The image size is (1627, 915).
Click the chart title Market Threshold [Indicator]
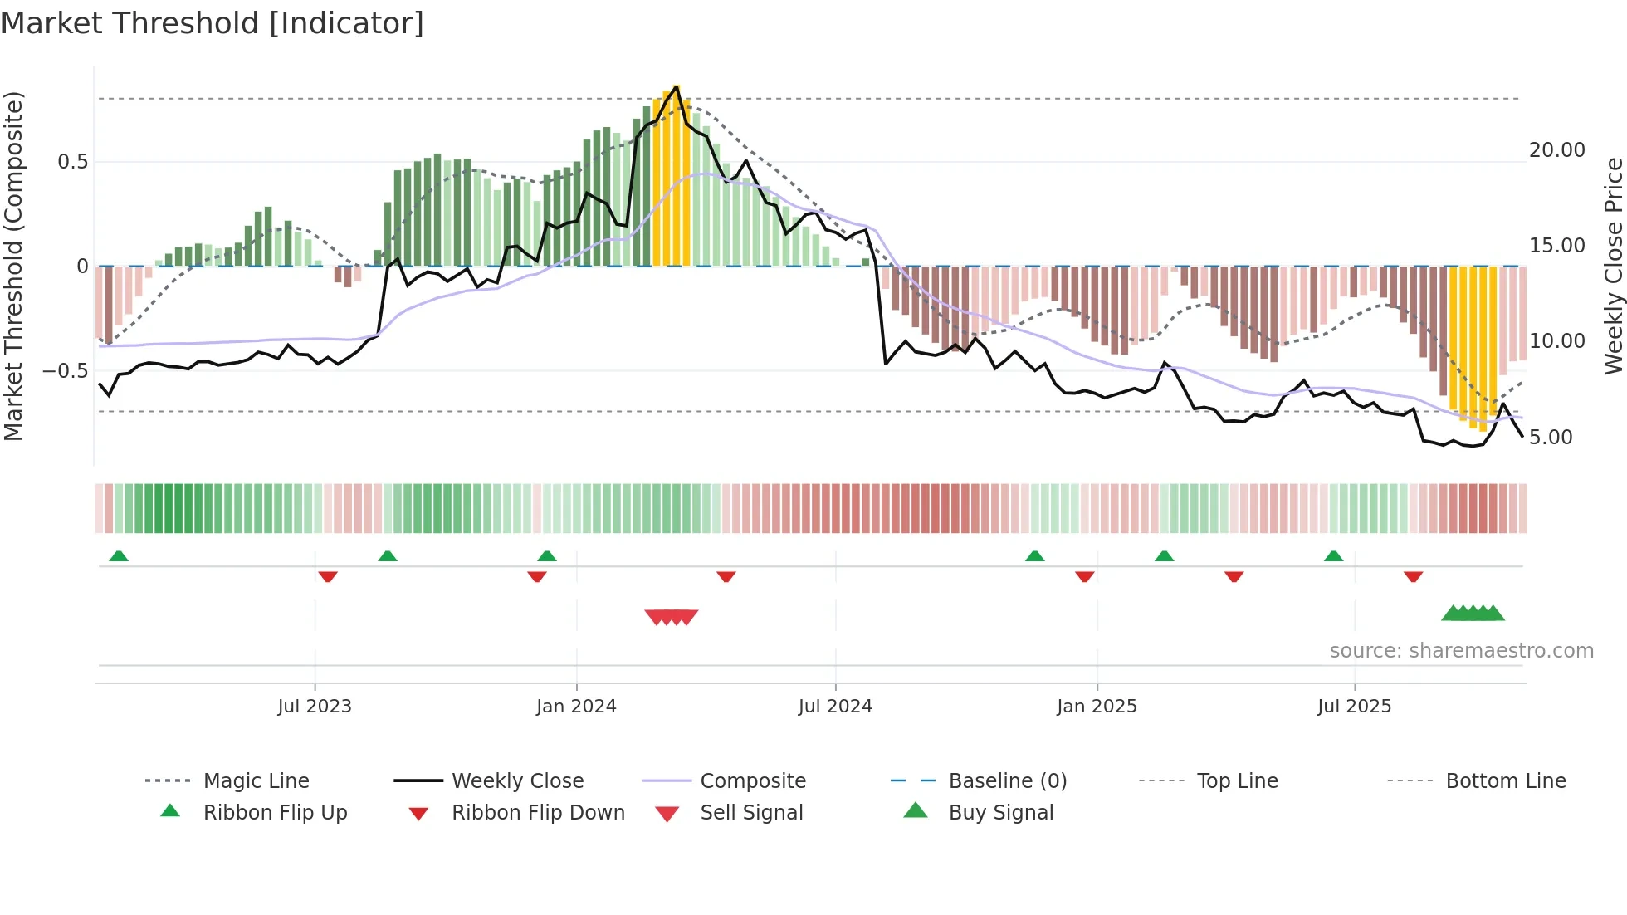(x=213, y=23)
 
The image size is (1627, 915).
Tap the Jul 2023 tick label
(x=315, y=707)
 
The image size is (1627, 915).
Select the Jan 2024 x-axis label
(x=576, y=707)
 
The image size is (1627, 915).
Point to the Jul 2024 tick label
(x=835, y=707)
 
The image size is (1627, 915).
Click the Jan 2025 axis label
(x=1097, y=707)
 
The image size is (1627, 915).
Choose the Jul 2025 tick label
(x=1354, y=707)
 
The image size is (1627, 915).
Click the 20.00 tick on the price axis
(x=1556, y=150)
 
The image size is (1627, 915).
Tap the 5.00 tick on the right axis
(x=1551, y=438)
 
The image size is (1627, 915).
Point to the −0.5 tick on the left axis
(x=66, y=370)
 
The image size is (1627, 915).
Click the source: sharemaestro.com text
(x=1461, y=651)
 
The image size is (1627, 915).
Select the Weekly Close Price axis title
(x=1613, y=266)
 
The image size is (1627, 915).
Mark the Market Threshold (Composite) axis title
(x=13, y=266)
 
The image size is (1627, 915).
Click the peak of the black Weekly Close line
(x=677, y=86)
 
